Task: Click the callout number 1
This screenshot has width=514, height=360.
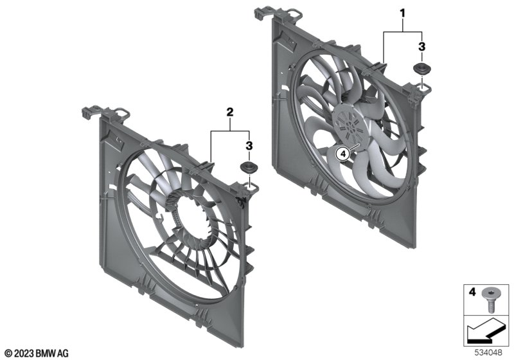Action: click(402, 14)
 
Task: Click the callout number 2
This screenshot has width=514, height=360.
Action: click(230, 112)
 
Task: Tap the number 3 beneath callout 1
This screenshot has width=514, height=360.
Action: click(421, 46)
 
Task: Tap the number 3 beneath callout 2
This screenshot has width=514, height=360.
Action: click(249, 145)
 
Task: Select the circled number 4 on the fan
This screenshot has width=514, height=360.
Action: click(343, 154)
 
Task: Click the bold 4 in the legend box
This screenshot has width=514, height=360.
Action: click(472, 291)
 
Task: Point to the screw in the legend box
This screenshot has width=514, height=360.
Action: click(489, 300)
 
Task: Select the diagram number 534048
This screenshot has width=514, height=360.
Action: click(488, 353)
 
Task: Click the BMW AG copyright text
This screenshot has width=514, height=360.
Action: click(37, 354)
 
